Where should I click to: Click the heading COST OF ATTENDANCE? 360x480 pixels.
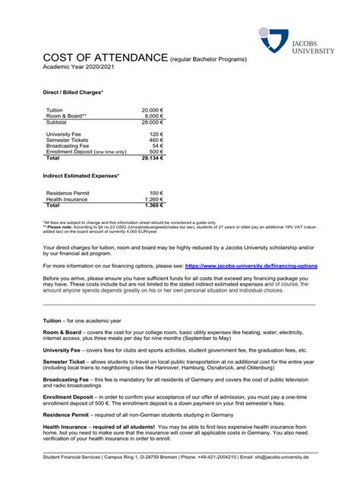(105, 58)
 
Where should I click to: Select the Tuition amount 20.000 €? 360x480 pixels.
(150, 110)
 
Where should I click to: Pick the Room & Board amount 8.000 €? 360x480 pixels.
(153, 116)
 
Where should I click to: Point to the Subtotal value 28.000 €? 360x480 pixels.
(150, 122)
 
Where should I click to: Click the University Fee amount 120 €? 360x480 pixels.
(156, 134)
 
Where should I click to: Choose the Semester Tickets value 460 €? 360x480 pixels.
(156, 140)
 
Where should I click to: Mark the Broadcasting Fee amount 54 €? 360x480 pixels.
(157, 146)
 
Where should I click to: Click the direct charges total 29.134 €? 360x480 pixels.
(150, 158)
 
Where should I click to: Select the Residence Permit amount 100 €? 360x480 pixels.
(156, 193)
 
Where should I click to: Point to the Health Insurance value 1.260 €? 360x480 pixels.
(153, 199)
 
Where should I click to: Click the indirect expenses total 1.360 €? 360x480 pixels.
(153, 205)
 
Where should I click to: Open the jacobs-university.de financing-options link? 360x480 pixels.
(251, 267)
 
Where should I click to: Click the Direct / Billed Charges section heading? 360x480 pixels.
(72, 93)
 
